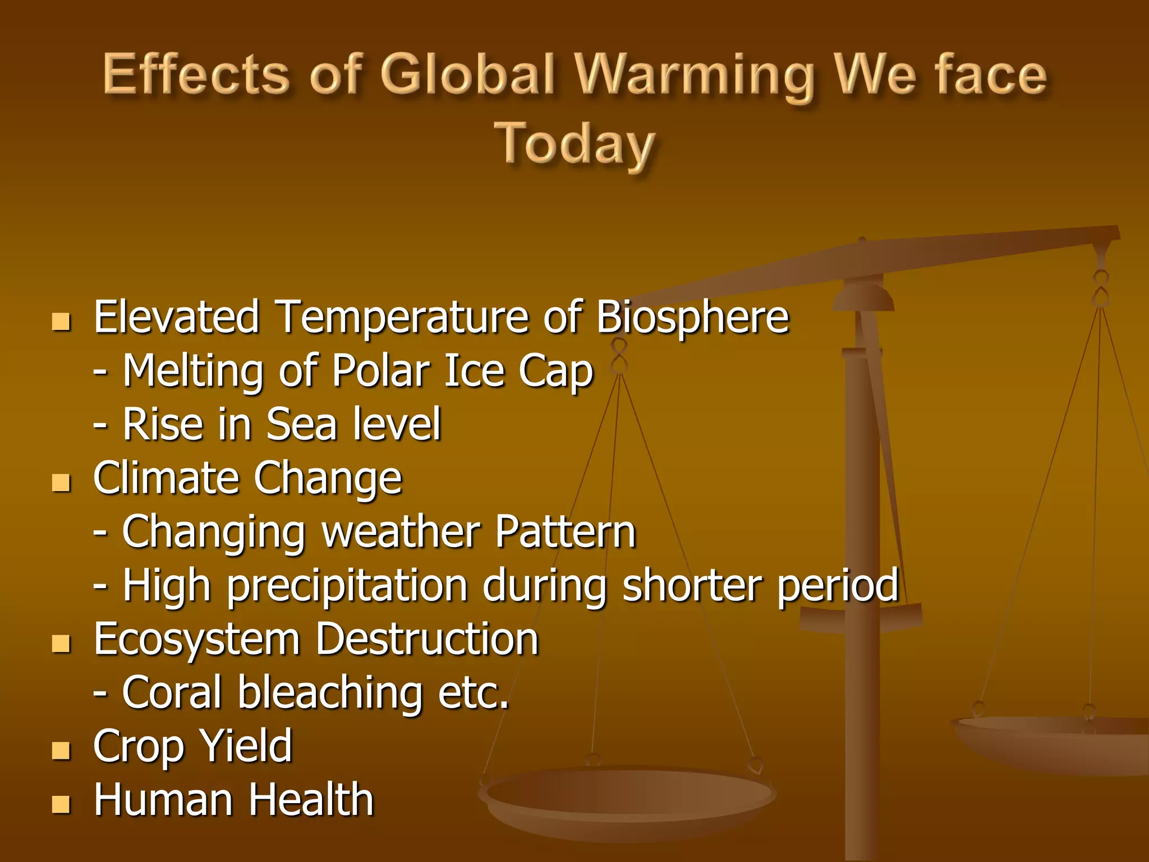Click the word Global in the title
click(468, 75)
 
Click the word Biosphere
click(692, 317)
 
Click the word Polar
click(380, 371)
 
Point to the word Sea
click(301, 424)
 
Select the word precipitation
click(347, 586)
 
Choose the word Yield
click(246, 746)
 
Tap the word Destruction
click(427, 639)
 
